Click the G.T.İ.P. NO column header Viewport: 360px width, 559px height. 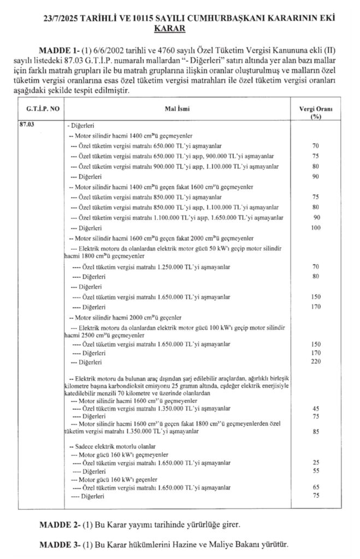(39, 109)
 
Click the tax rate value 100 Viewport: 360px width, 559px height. (316, 228)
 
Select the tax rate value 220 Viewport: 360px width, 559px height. (316, 362)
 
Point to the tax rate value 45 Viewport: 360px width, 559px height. (316, 408)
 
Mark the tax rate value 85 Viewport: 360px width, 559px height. (316, 431)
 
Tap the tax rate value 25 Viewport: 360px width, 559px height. (316, 463)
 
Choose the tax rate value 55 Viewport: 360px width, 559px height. (316, 471)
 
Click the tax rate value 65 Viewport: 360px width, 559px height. (316, 487)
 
